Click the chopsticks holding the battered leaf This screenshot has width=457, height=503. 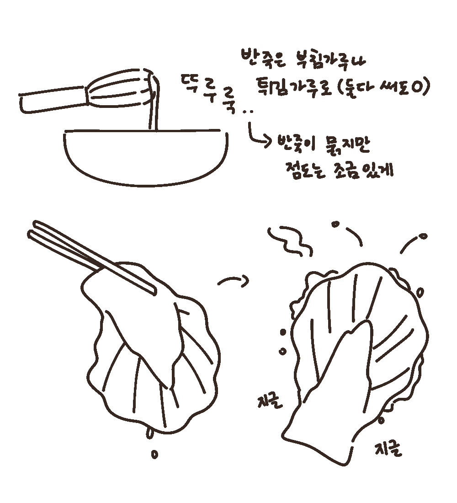pos(91,256)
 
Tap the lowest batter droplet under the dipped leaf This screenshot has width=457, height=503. pos(154,454)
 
